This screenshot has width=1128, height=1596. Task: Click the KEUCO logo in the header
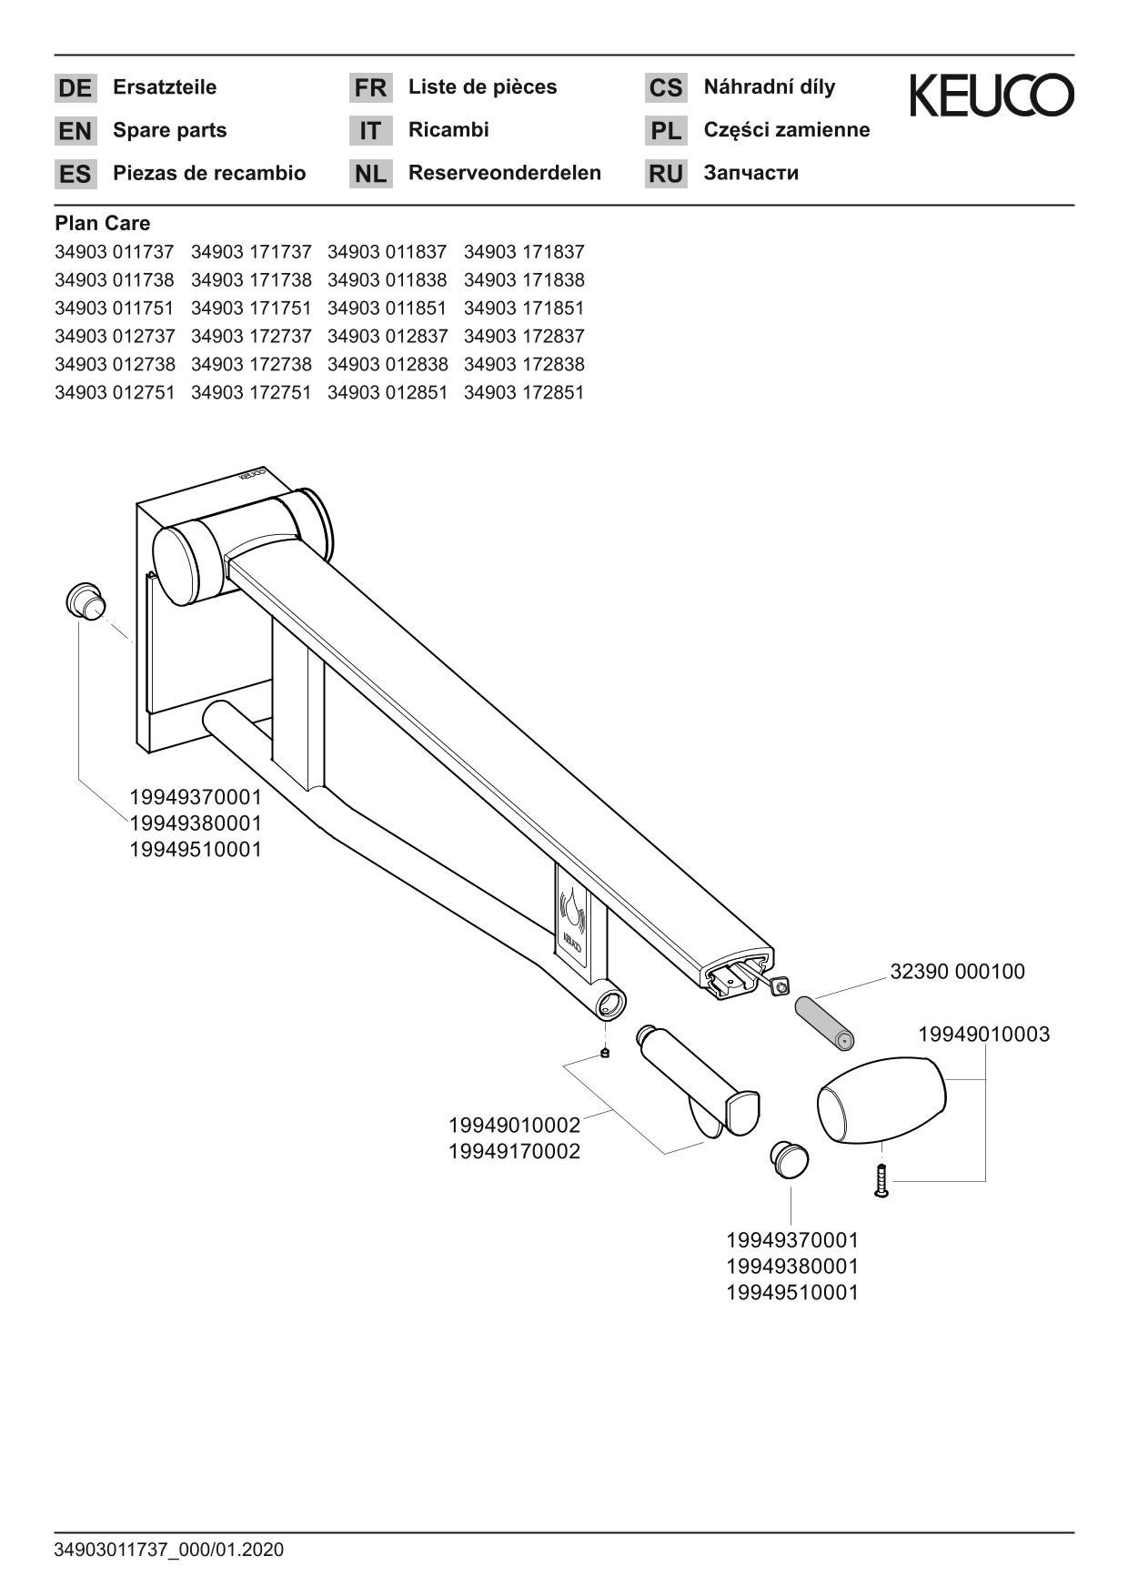click(x=992, y=96)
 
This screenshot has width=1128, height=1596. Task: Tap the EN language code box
click(x=75, y=131)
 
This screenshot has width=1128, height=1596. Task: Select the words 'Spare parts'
click(x=169, y=130)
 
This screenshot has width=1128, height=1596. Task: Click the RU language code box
click(x=666, y=174)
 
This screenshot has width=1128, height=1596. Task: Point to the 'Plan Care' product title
click(x=102, y=223)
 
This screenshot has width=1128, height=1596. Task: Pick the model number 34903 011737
click(x=114, y=252)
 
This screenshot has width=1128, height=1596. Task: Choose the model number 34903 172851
click(x=524, y=393)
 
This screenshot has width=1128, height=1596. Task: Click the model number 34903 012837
click(x=388, y=337)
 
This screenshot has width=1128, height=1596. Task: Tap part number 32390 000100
click(x=957, y=972)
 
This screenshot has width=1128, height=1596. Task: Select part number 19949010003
click(x=983, y=1035)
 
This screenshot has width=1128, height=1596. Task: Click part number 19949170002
click(x=514, y=1152)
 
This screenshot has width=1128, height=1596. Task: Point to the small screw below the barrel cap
click(x=881, y=1180)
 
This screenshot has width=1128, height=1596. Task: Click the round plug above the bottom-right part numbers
click(x=789, y=1158)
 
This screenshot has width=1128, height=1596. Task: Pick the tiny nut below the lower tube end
click(x=606, y=1053)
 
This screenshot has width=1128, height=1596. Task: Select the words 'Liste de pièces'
click(x=482, y=87)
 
